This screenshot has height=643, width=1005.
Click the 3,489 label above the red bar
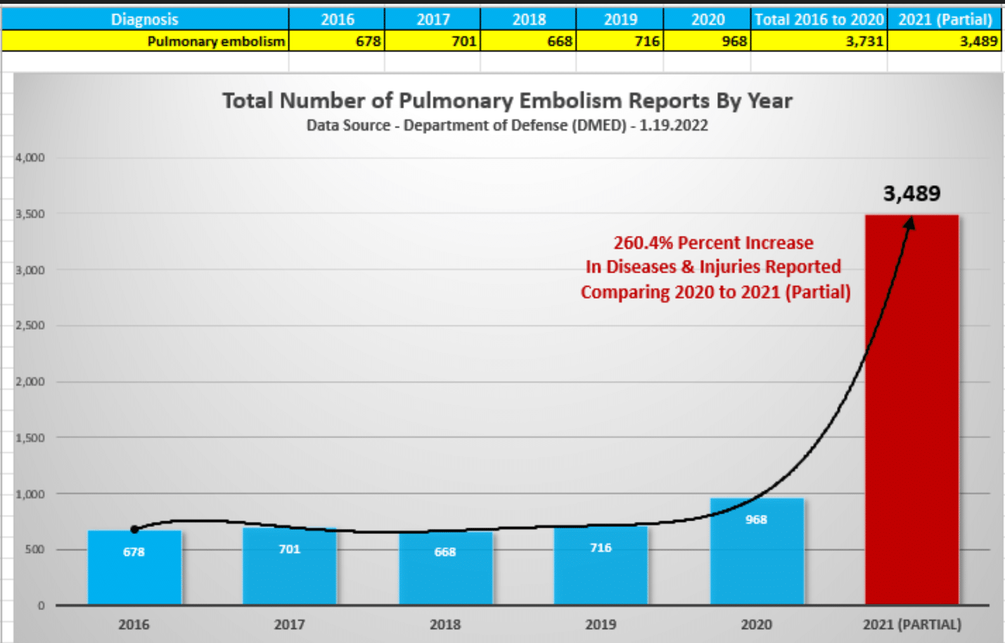(912, 193)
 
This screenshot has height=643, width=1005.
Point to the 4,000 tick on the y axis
(30, 158)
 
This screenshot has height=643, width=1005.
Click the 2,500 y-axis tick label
(30, 326)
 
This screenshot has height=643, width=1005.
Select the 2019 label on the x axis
(601, 625)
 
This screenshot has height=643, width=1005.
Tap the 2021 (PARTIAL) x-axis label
(912, 625)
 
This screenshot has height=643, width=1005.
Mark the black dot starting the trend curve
(134, 529)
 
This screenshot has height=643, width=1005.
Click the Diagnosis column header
(144, 20)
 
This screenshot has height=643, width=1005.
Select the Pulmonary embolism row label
(216, 42)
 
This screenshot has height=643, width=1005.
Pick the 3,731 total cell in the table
(864, 42)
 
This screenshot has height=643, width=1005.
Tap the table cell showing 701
(463, 42)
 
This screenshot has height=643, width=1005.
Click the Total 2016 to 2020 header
(819, 20)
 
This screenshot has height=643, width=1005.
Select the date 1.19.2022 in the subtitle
(673, 126)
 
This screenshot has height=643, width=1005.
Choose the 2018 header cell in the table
(528, 20)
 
